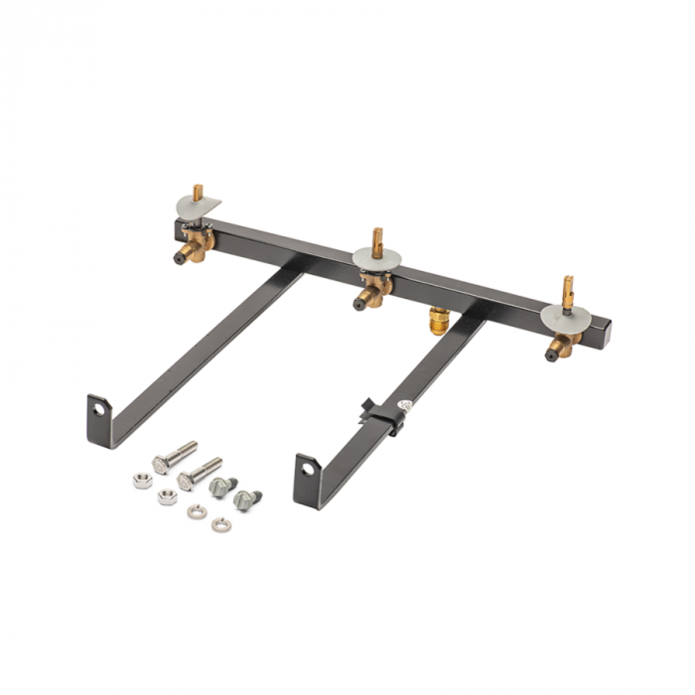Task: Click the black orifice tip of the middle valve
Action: coord(358,305)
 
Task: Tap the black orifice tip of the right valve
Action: coord(549,355)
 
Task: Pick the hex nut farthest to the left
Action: coord(142,480)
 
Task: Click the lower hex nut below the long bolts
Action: coord(167,496)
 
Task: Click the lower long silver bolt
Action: coord(199,473)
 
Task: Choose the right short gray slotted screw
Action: coord(246,499)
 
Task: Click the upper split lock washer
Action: coord(196,512)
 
